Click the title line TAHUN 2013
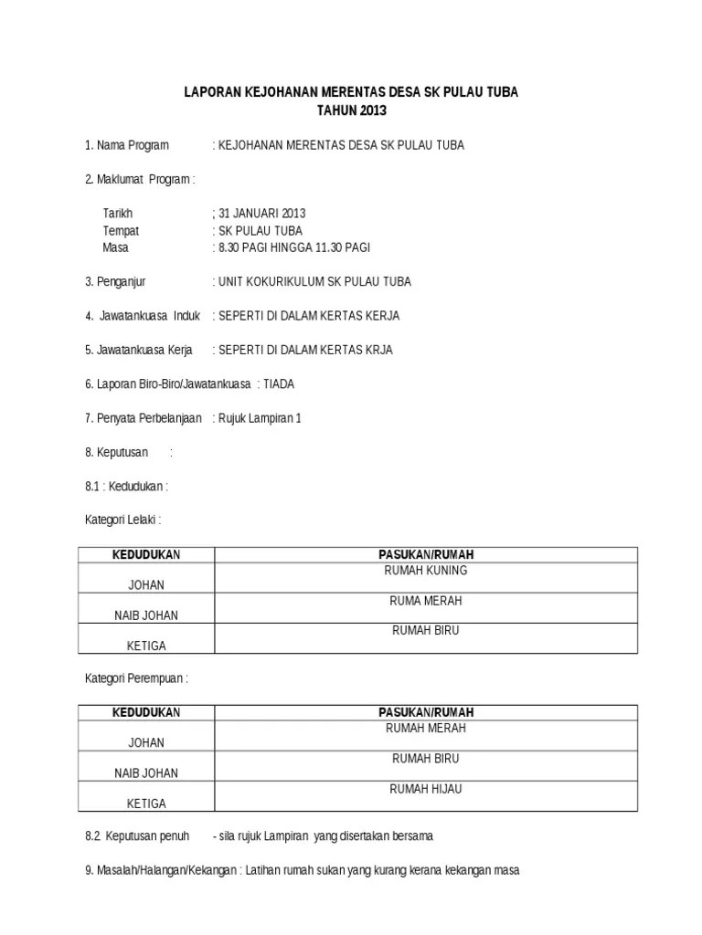352,110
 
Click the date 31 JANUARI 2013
260,214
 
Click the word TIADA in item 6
278,384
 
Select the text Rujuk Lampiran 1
260,418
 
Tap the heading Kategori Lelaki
122,520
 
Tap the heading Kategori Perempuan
136,678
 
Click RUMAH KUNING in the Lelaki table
426,571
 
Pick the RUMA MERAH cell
426,601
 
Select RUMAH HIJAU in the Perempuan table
426,789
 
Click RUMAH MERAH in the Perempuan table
426,729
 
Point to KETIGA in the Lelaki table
146,646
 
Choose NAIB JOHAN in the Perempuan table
146,773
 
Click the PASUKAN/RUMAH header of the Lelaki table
426,554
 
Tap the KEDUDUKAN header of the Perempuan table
146,712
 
